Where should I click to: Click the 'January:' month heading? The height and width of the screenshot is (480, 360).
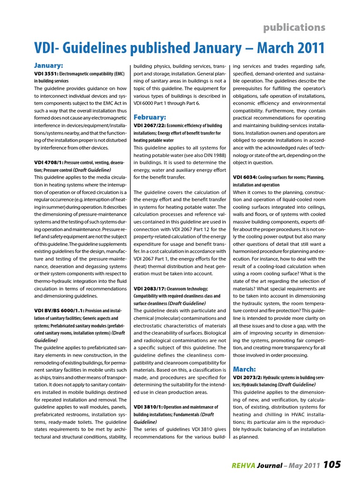click(x=49, y=65)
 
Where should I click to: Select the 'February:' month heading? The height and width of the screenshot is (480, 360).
click(x=150, y=117)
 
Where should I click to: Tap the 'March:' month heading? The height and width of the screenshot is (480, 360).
click(x=244, y=368)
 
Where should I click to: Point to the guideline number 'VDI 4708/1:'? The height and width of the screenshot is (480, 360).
click(x=48, y=162)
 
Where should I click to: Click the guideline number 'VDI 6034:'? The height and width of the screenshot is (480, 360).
click(x=245, y=177)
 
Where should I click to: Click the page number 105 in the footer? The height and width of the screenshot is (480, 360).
click(x=332, y=465)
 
